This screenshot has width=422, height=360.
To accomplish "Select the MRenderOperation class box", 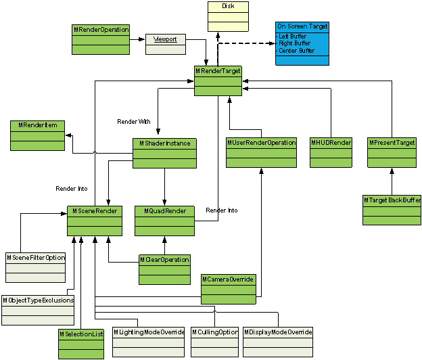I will [100, 39].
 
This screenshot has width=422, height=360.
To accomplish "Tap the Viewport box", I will [165, 44].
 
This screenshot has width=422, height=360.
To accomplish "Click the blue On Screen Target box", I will [302, 43].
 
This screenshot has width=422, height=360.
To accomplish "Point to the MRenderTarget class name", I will [218, 71].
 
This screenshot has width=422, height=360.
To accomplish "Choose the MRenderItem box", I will [38, 135].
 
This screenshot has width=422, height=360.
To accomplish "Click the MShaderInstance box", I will [164, 153].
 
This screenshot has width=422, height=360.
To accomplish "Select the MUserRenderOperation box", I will [261, 152].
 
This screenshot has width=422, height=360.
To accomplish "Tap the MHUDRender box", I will [331, 152].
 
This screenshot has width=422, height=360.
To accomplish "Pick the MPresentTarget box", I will [392, 152].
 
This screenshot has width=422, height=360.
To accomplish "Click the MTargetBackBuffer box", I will [392, 210].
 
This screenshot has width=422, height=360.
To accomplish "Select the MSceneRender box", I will [95, 221].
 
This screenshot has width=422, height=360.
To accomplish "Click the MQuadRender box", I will [164, 221].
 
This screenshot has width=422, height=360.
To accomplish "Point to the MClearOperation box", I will [164, 269].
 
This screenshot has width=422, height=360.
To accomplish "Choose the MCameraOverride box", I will [229, 289].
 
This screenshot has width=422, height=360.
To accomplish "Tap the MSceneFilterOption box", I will [36, 267].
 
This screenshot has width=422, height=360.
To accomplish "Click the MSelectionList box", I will [81, 343].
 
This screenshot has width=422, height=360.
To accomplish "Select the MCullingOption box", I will [215, 342].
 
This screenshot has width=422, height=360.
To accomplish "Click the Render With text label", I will [134, 122].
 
